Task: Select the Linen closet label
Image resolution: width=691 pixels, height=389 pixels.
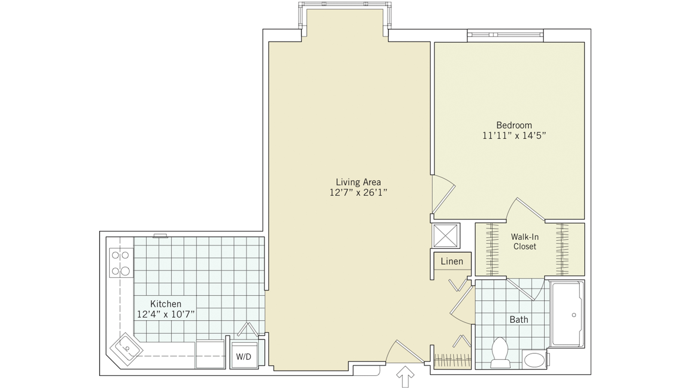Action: point(452,261)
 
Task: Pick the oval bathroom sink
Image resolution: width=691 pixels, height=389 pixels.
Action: point(534,360)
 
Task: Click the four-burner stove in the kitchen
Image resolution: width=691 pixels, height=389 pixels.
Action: point(121,263)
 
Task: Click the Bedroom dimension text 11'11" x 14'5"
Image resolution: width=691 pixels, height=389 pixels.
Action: point(514,136)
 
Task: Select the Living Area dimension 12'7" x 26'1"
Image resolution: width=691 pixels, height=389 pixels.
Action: point(358,193)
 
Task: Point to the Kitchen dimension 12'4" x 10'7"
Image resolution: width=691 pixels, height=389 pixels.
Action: point(166,314)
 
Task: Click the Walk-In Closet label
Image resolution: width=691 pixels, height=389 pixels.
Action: point(524,242)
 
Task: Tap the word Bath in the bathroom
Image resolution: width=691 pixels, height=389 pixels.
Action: point(518,319)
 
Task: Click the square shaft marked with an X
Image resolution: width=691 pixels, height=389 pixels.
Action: point(446,236)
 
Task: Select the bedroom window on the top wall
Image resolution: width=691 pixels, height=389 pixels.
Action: point(505,34)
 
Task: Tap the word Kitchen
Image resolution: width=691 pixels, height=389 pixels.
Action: point(166,304)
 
